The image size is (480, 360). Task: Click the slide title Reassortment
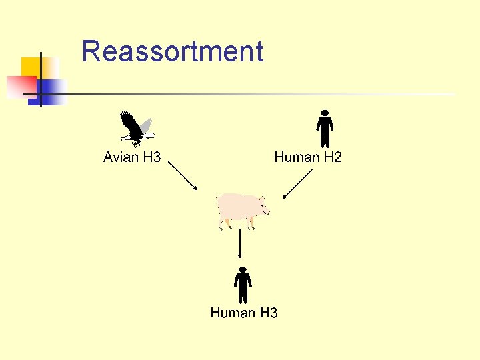tap(172, 51)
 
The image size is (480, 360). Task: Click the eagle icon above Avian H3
tap(137, 129)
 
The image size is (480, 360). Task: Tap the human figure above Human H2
tap(324, 129)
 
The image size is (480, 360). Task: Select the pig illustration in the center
tap(241, 209)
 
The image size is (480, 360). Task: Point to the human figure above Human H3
tap(243, 285)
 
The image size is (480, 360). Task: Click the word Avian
tap(121, 157)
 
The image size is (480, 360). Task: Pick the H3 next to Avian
tap(152, 157)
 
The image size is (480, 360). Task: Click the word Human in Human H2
tap(297, 157)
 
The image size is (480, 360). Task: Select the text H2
tap(333, 157)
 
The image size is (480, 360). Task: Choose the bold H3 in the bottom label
tap(269, 313)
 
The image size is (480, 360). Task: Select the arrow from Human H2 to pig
tap(297, 184)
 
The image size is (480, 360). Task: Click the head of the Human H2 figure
tap(324, 113)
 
